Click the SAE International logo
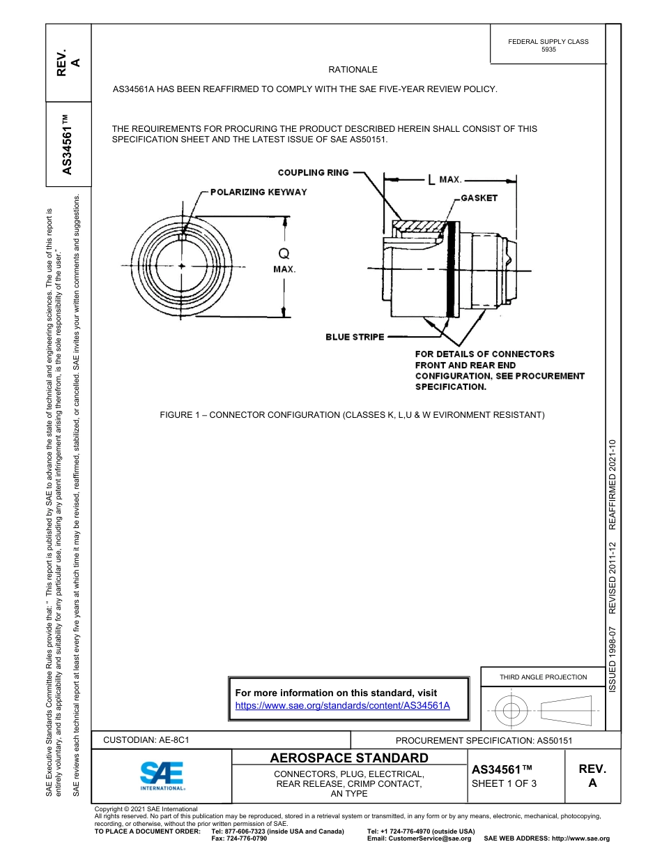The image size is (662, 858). pyautogui.click(x=163, y=775)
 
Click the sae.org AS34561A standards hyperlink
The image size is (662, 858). pyautogui.click(x=342, y=705)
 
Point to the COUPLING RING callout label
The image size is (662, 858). pyautogui.click(x=313, y=172)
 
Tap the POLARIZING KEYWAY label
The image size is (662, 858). pyautogui.click(x=259, y=192)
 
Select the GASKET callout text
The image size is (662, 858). pyautogui.click(x=479, y=198)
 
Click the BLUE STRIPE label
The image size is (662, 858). pyautogui.click(x=355, y=337)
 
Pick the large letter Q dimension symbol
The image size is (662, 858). pyautogui.click(x=284, y=254)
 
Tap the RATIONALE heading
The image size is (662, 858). pyautogui.click(x=353, y=70)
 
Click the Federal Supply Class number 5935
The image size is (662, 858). pyautogui.click(x=548, y=50)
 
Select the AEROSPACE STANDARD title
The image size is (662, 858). pyautogui.click(x=349, y=758)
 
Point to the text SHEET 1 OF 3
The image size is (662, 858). pyautogui.click(x=504, y=783)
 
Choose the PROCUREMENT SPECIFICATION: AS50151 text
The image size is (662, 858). pyautogui.click(x=484, y=740)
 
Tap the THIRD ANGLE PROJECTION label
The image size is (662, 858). pyautogui.click(x=543, y=677)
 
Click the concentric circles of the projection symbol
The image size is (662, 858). pyautogui.click(x=511, y=710)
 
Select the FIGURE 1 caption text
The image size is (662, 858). pyautogui.click(x=352, y=415)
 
